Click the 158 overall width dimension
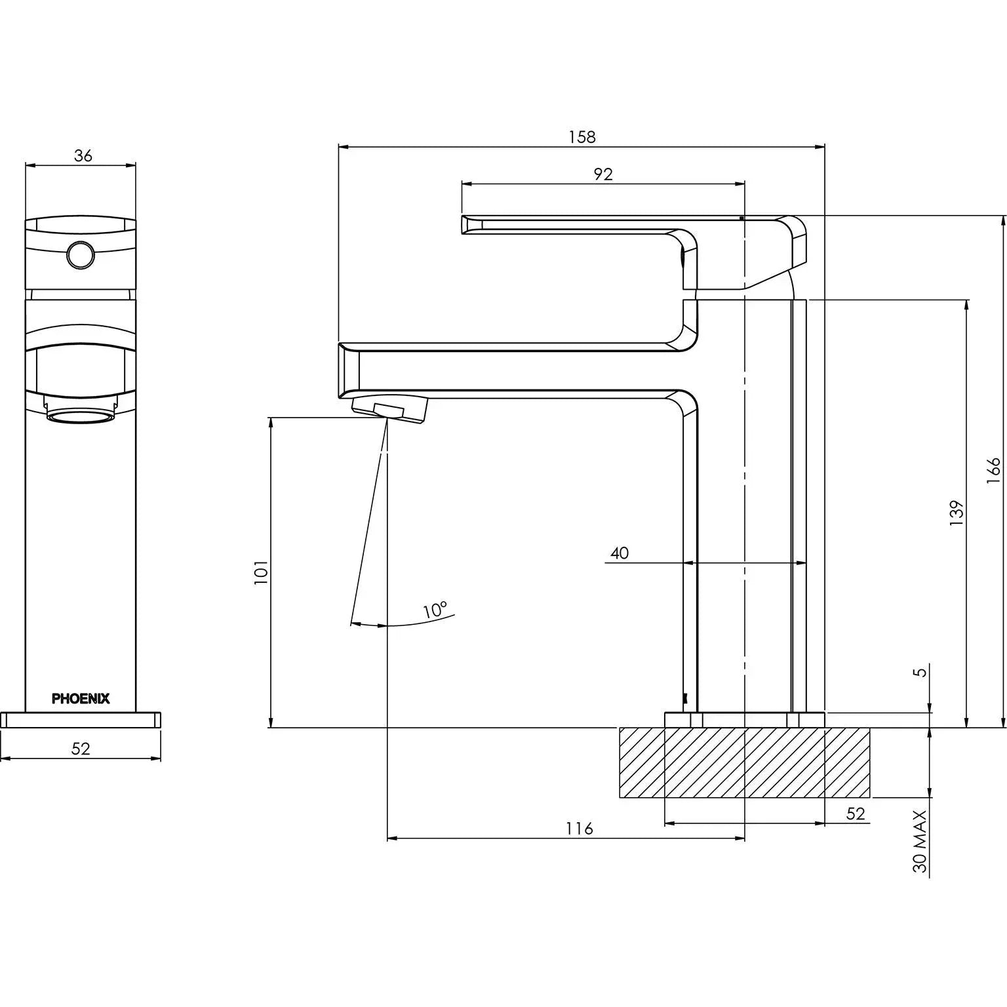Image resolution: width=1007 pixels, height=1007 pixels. (x=582, y=137)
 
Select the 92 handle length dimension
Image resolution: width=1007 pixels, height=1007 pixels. (x=602, y=174)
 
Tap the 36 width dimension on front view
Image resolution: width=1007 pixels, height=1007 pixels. (x=83, y=156)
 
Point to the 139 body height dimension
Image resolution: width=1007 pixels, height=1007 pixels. (x=957, y=513)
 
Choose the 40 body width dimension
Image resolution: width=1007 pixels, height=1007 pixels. (x=620, y=553)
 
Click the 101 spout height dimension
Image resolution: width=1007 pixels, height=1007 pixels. (x=262, y=572)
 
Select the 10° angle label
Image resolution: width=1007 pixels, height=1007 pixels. (x=435, y=610)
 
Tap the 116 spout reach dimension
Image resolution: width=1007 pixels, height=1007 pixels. (x=580, y=829)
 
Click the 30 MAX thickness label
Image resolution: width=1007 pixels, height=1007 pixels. (x=920, y=841)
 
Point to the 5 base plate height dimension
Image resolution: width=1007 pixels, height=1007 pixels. (x=921, y=672)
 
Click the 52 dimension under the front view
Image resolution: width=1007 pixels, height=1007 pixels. (x=81, y=749)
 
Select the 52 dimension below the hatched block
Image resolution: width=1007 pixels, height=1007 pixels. (x=856, y=814)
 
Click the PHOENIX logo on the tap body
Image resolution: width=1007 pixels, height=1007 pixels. (x=81, y=699)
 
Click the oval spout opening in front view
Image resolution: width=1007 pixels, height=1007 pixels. (x=81, y=416)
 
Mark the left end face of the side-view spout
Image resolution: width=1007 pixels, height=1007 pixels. (x=349, y=370)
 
